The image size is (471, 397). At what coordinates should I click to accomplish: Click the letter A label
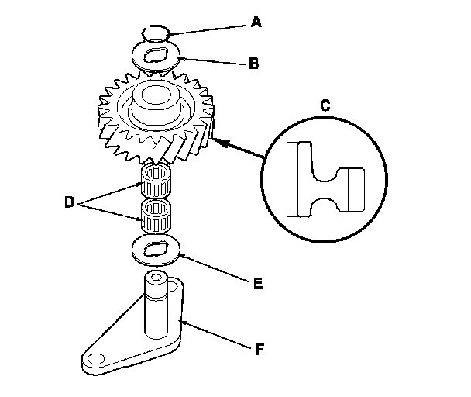256,22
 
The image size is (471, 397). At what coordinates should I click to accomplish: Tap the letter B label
254,64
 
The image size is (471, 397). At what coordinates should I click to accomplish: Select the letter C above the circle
325,105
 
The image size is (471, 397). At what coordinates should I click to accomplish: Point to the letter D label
69,202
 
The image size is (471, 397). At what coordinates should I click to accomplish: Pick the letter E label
258,284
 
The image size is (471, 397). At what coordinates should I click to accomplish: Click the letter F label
260,349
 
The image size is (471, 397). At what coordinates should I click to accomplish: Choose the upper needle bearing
156,181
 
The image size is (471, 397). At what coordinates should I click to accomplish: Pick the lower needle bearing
156,216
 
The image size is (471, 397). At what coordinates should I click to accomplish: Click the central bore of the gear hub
156,95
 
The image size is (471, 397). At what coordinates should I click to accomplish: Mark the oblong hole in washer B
156,56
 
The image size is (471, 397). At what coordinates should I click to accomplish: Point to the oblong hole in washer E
156,250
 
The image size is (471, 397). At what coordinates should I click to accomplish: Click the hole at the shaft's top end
156,277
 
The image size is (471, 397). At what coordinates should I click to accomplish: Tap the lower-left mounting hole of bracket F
96,358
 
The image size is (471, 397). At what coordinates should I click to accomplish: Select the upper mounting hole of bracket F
173,286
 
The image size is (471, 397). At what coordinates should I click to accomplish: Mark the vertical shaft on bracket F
156,306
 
